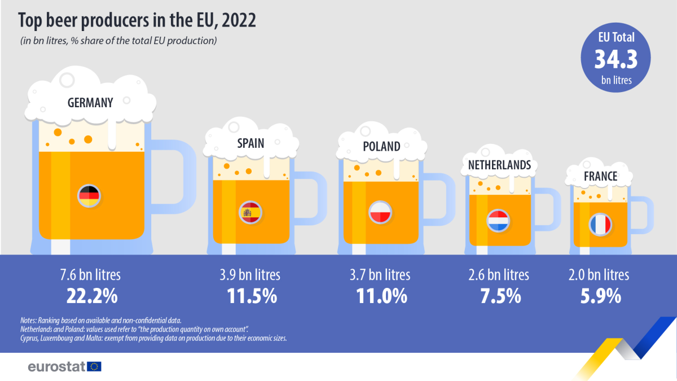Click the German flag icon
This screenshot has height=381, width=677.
tap(89, 196)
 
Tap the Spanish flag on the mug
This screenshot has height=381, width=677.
tap(249, 212)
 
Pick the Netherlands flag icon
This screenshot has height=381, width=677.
tap(498, 220)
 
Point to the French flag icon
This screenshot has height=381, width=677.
tap(600, 225)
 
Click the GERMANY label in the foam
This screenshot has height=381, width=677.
tap(90, 103)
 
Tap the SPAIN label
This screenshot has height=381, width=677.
tap(250, 143)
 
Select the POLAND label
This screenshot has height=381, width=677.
tap(381, 147)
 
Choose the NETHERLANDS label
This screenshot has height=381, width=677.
tap(499, 165)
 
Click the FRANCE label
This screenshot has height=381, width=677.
tap(600, 177)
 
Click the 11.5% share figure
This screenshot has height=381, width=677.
tap(250, 296)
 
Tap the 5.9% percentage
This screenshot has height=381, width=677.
tap(599, 296)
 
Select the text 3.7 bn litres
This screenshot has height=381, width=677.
tap(381, 275)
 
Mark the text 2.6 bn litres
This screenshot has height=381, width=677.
tap(499, 275)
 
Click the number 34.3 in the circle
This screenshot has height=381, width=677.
tap(616, 59)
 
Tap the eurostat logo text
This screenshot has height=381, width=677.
tap(56, 366)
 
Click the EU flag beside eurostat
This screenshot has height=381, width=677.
tap(95, 366)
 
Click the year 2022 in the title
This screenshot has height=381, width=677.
tap(239, 21)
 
